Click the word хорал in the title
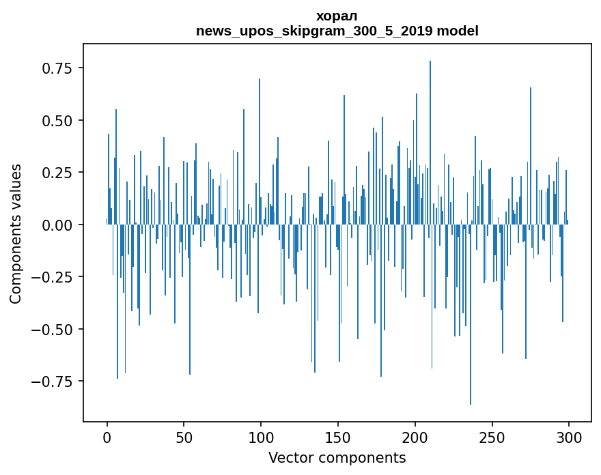point(337,16)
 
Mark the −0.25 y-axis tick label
point(54,277)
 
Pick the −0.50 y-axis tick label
point(54,329)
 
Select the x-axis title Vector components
point(337,457)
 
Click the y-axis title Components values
point(16,233)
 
